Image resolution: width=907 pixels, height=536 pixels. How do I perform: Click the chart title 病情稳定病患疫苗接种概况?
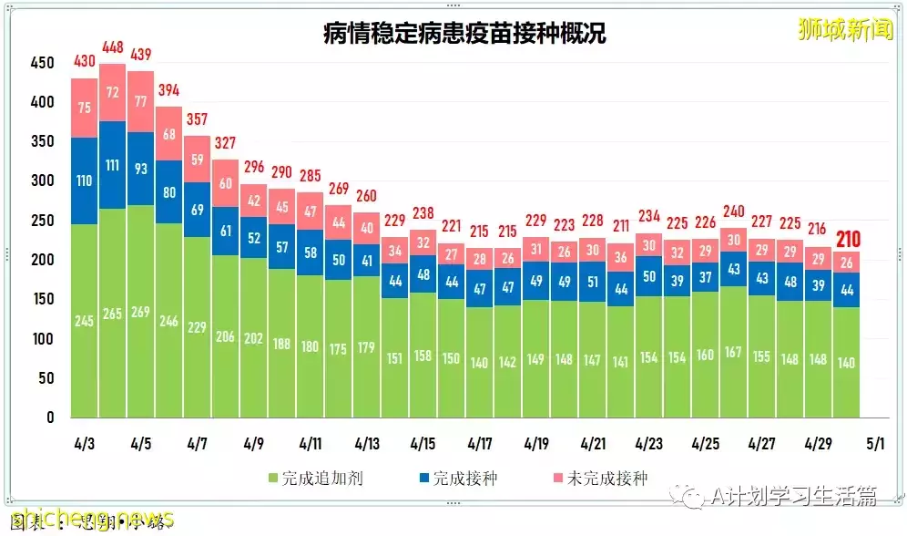tap(464, 35)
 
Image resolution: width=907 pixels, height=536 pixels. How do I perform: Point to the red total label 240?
tap(733, 211)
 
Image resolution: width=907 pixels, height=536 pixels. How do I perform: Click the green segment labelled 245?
tap(84, 320)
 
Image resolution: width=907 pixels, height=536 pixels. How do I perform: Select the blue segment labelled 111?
tap(112, 165)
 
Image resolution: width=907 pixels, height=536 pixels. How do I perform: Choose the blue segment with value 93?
tap(140, 169)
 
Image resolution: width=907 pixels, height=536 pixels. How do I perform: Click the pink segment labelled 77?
tap(140, 101)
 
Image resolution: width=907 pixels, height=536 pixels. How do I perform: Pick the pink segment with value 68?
tap(168, 134)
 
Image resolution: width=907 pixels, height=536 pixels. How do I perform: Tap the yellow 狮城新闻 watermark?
tap(832, 31)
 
